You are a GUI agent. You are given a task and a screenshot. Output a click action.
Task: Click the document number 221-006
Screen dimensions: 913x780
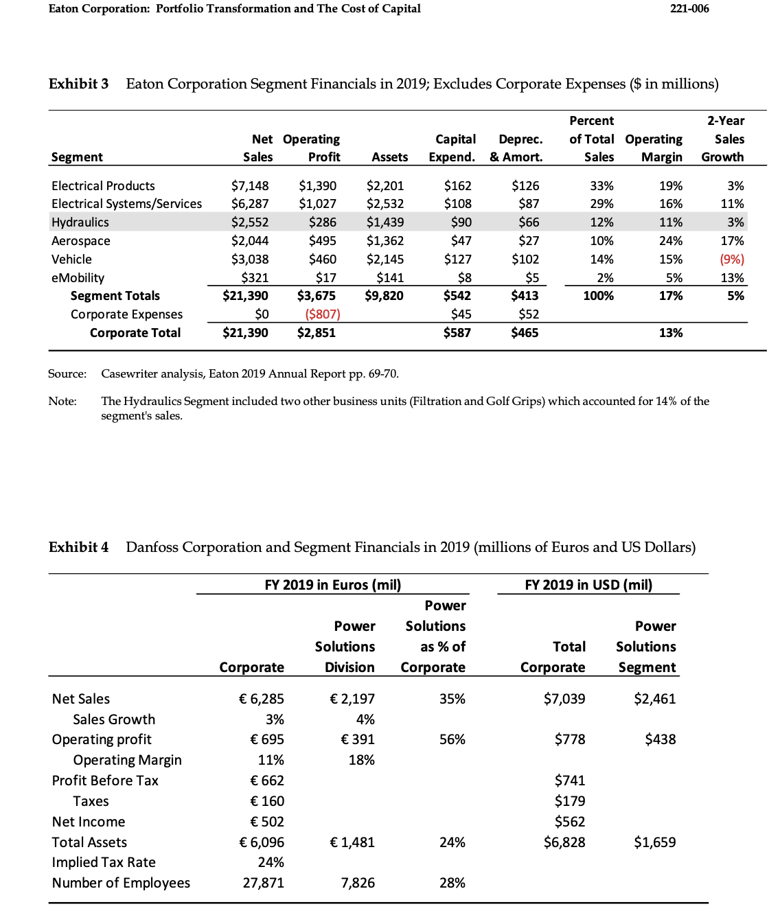click(689, 9)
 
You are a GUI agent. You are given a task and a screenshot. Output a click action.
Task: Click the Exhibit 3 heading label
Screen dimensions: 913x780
click(78, 84)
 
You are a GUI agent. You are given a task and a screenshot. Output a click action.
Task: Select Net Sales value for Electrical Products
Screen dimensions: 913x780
click(250, 186)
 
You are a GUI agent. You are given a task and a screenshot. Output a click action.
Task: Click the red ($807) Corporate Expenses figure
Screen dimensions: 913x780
click(322, 314)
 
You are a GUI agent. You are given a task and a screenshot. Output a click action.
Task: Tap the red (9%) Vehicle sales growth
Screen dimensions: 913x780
click(731, 259)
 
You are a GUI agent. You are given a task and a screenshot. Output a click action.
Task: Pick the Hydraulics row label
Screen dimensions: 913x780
click(80, 222)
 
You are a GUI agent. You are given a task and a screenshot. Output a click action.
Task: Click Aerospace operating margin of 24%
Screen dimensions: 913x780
click(670, 241)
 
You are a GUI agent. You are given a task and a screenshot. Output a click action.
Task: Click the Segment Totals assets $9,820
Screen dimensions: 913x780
click(385, 296)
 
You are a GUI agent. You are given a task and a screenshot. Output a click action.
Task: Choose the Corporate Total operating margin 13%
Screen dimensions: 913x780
click(670, 333)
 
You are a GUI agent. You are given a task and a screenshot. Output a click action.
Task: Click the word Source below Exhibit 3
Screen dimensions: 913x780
click(67, 374)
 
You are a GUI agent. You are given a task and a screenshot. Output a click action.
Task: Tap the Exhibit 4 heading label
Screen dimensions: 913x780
click(78, 547)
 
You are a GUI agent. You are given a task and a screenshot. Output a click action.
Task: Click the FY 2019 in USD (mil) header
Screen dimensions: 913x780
click(588, 585)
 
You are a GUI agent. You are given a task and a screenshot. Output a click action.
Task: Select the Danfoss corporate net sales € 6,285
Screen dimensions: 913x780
click(261, 699)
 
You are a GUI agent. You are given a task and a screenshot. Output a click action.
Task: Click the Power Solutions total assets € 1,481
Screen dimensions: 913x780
click(352, 842)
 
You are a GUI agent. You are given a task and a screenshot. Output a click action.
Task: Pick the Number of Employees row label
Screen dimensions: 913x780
click(121, 883)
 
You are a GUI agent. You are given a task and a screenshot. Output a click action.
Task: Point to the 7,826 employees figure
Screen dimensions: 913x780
click(358, 883)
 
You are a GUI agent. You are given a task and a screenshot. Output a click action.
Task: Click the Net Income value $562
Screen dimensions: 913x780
click(569, 822)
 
